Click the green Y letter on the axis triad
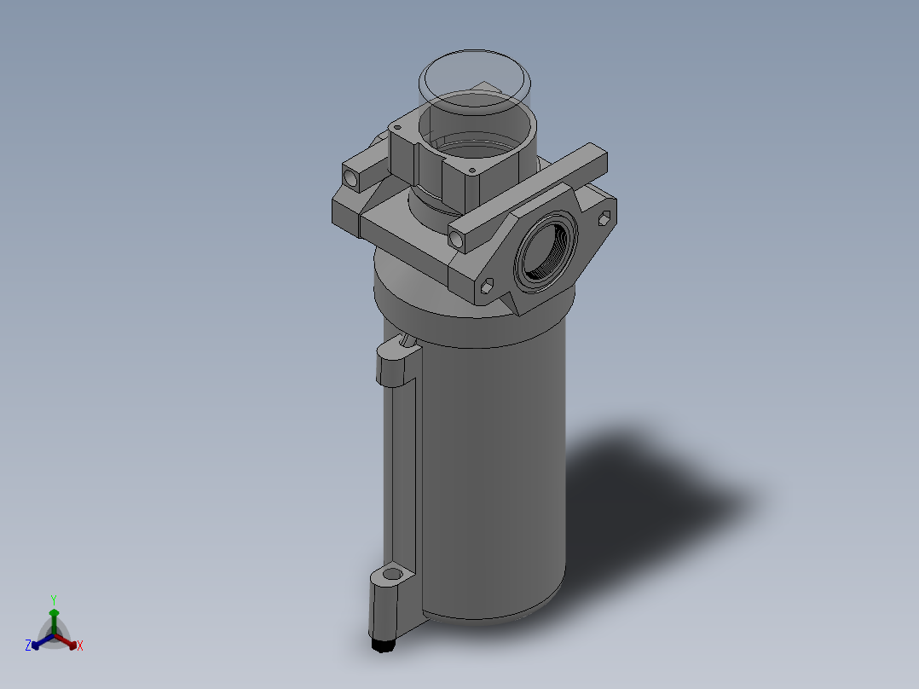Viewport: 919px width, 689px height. pos(54,599)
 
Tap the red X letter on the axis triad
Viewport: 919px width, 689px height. pos(79,646)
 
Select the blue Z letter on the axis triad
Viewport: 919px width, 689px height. pos(28,646)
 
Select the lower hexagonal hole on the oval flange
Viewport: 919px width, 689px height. pos(488,287)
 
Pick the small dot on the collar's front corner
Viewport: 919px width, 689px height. pos(471,171)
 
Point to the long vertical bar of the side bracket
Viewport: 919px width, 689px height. pos(400,478)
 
